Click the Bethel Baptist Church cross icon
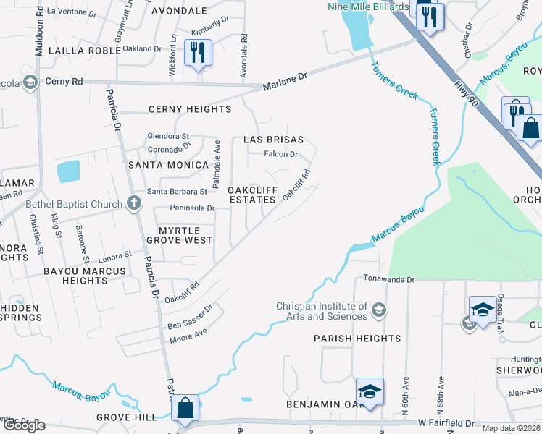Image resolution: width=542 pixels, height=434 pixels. (x=133, y=204)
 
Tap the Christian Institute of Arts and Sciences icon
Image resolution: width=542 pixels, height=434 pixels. (x=378, y=311)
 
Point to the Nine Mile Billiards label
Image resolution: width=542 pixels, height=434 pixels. (x=368, y=7)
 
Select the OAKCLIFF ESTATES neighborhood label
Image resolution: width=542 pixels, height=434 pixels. (x=252, y=195)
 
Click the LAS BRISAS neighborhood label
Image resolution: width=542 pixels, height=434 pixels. (x=273, y=140)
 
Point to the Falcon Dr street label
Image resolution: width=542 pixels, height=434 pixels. (x=281, y=154)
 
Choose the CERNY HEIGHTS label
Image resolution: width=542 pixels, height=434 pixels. (x=190, y=109)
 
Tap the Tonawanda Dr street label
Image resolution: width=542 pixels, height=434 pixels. (x=388, y=279)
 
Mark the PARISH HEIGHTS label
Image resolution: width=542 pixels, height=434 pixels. (x=357, y=339)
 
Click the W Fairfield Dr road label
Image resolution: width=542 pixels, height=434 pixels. (x=446, y=422)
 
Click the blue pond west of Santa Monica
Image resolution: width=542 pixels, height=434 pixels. (x=68, y=171)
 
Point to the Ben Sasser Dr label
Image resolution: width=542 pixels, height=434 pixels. (x=190, y=316)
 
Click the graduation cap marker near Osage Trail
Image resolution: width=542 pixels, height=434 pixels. (x=482, y=308)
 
